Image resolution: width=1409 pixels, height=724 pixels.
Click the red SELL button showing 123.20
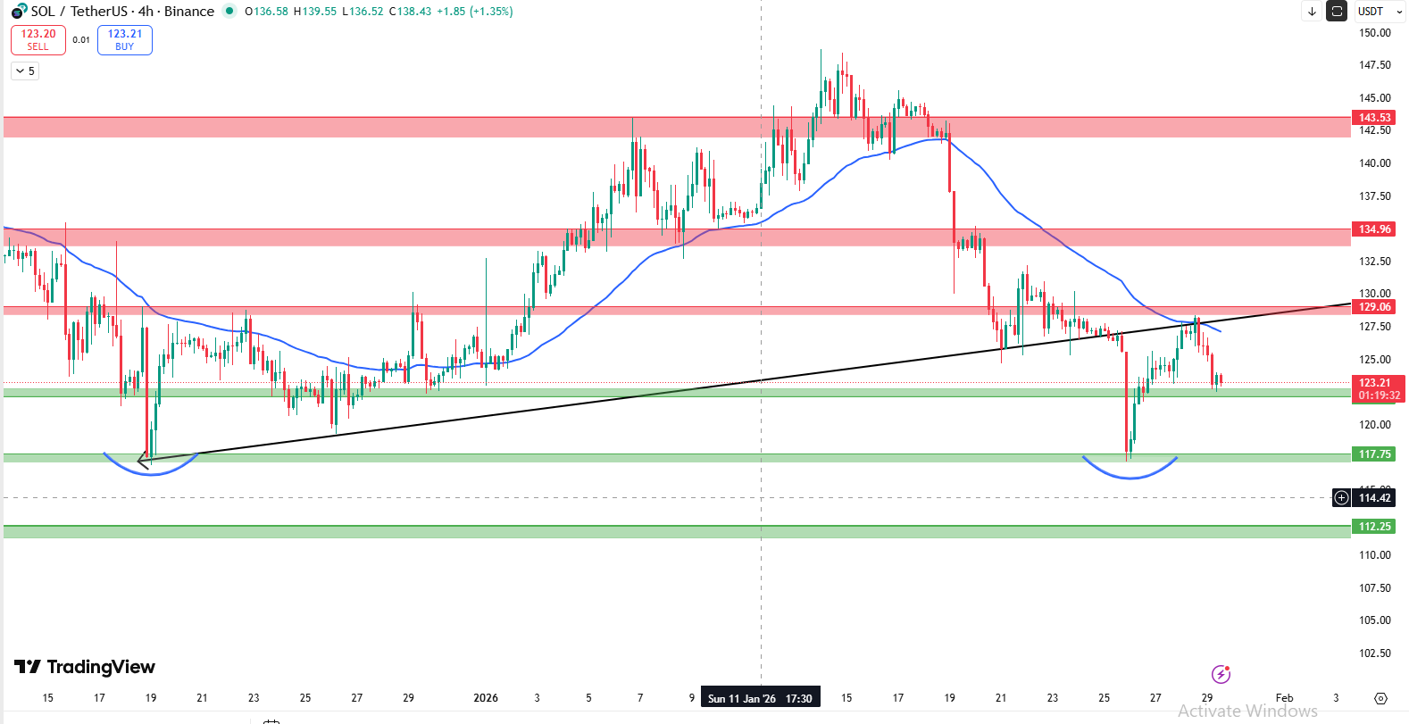(38, 40)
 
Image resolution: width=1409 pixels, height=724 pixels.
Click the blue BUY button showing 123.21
(125, 40)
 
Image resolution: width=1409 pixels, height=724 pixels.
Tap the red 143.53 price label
(1374, 118)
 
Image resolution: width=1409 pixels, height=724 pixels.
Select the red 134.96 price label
(1374, 229)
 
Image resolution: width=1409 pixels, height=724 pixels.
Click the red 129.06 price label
(1374, 307)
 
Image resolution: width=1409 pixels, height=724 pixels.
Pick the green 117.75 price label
(1374, 454)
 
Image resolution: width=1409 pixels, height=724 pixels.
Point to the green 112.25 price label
(1374, 527)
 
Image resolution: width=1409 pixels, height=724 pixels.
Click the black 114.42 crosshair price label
(1374, 498)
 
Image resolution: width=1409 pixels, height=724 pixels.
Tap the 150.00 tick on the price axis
(1374, 33)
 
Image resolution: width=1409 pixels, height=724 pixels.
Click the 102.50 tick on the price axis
(1374, 653)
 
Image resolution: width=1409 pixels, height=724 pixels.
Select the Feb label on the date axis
(1284, 698)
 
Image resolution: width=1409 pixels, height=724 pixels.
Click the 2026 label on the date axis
(486, 698)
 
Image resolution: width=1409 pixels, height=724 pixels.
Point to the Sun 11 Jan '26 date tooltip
(760, 698)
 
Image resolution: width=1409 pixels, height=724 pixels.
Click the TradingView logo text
(86, 667)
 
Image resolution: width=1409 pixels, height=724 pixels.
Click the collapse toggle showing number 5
(25, 71)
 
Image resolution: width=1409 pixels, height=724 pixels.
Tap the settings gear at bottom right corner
(1380, 698)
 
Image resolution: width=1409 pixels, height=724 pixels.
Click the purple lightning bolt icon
(1221, 674)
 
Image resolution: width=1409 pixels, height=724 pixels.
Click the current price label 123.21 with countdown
(1379, 388)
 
